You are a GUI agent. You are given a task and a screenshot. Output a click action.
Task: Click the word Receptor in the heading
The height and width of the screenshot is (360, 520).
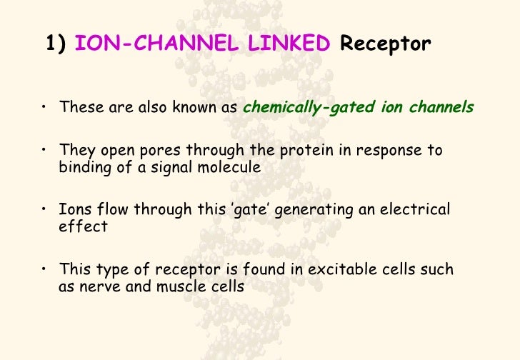click(x=386, y=45)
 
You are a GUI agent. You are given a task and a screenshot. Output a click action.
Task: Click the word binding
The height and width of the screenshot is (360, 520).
click(x=81, y=168)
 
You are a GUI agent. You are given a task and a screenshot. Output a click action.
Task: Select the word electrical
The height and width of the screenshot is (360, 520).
click(x=416, y=211)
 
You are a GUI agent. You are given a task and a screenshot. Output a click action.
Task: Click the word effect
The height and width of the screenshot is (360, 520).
click(x=82, y=227)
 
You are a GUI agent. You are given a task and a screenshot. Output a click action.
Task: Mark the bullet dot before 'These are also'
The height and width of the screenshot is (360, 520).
click(x=44, y=108)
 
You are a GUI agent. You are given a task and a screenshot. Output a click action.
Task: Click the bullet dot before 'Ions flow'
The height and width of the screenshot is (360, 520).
click(x=44, y=210)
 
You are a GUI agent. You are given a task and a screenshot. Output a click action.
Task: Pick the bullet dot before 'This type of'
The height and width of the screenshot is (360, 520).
click(x=44, y=270)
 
